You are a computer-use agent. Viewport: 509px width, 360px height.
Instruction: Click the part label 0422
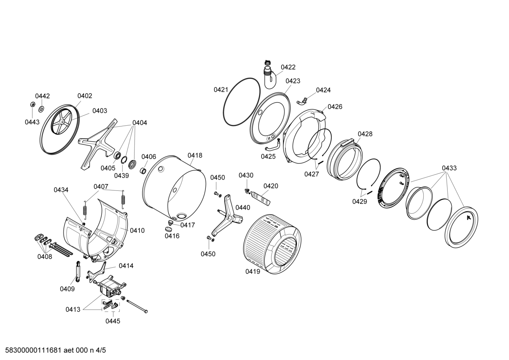[x=288, y=67]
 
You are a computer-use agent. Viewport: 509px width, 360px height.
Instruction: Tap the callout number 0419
[x=253, y=272]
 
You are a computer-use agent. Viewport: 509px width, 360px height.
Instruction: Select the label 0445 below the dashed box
[x=113, y=321]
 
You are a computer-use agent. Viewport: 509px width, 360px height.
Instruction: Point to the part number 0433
[x=449, y=168]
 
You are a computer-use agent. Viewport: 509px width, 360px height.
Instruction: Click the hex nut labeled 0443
[x=32, y=104]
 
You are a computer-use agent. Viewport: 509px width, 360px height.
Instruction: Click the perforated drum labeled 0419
[x=272, y=244]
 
